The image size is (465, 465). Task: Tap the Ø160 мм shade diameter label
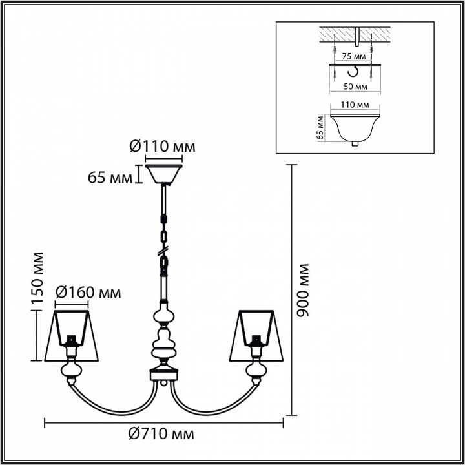pyautogui.click(x=88, y=293)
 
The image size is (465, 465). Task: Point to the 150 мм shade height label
pyautogui.click(x=37, y=278)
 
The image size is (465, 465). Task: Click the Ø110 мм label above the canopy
pyautogui.click(x=162, y=147)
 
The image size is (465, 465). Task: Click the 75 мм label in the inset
pyautogui.click(x=352, y=56)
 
